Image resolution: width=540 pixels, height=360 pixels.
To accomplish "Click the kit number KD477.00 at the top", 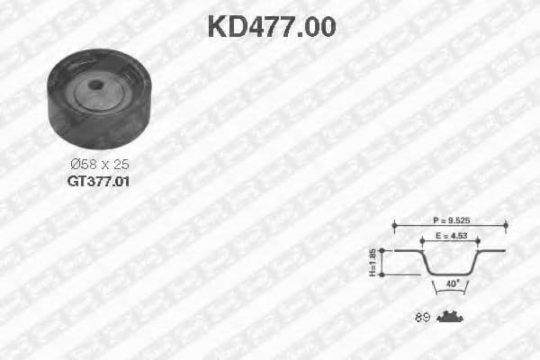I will pyautogui.click(x=271, y=27).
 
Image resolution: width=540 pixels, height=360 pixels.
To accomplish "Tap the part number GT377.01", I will pyautogui.click(x=99, y=180).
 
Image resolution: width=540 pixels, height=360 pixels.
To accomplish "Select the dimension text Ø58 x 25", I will pyautogui.click(x=99, y=164).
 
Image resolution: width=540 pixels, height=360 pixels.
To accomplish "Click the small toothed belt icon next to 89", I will pyautogui.click(x=449, y=317).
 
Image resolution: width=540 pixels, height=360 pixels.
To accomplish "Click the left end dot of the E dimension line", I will pyautogui.click(x=422, y=241).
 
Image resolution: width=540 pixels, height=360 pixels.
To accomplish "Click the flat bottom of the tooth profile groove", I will pyautogui.click(x=450, y=274).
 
